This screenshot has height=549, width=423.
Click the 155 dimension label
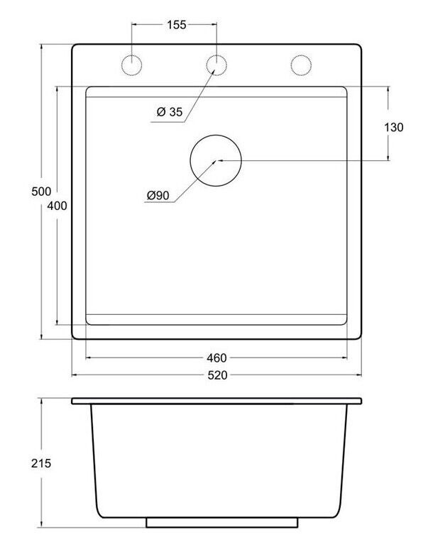pyautogui.click(x=176, y=25)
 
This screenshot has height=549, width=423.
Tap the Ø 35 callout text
pyautogui.click(x=170, y=112)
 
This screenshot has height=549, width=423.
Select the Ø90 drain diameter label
pyautogui.click(x=158, y=195)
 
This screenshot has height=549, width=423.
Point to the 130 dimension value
pyautogui.click(x=394, y=127)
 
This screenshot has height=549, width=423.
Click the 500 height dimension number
pyautogui.click(x=41, y=192)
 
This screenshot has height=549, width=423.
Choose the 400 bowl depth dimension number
pyautogui.click(x=57, y=206)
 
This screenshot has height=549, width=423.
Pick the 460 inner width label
pyautogui.click(x=216, y=357)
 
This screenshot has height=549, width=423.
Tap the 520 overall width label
pyautogui.click(x=217, y=375)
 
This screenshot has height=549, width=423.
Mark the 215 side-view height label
pyautogui.click(x=41, y=463)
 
